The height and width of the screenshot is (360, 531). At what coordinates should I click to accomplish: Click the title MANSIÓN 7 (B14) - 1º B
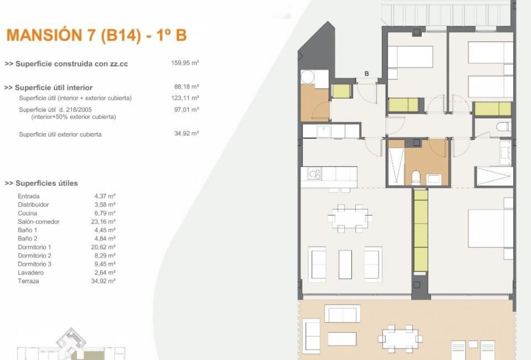[x=97, y=35]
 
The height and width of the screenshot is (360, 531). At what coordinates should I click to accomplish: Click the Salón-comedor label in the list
[x=39, y=222]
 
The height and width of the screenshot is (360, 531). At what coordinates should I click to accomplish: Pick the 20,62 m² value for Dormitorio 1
[x=103, y=247]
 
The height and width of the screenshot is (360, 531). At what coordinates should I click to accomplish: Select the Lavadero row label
[x=31, y=273]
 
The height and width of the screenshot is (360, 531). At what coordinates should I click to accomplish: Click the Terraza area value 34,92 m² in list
[x=103, y=281]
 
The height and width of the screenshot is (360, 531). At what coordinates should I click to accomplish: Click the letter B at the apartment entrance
[x=366, y=74]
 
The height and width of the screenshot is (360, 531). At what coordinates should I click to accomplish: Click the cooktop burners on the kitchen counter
[x=314, y=174]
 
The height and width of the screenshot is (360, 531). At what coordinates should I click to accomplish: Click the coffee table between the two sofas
[x=345, y=264]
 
